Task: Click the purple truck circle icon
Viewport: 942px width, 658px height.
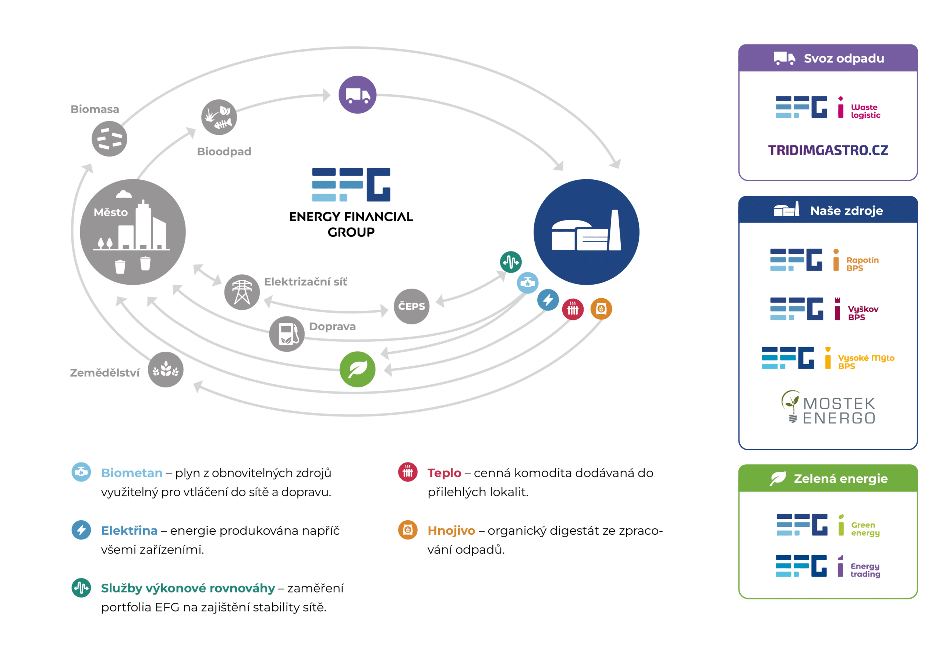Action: tap(357, 95)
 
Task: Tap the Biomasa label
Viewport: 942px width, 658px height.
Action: tap(95, 109)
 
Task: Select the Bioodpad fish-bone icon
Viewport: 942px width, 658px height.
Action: tap(219, 117)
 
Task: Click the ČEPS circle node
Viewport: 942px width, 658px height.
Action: tap(411, 306)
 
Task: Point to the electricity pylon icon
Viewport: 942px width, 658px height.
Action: tap(242, 292)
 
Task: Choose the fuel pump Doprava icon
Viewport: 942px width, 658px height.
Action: tap(287, 334)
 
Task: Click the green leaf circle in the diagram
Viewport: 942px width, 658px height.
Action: tap(357, 369)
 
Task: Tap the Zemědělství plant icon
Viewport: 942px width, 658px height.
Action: tap(166, 369)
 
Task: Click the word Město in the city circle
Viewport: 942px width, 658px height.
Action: tap(110, 212)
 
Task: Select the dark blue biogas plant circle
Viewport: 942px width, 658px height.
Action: tap(586, 232)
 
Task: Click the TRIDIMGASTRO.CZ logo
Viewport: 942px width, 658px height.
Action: tap(828, 150)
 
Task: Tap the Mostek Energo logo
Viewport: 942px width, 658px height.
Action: tap(829, 408)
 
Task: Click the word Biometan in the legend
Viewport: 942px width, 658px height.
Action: tap(132, 473)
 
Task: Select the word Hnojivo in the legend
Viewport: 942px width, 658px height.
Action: tap(451, 530)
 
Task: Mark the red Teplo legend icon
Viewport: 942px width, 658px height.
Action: tap(408, 472)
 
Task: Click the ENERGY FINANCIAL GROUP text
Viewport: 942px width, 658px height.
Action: tap(351, 224)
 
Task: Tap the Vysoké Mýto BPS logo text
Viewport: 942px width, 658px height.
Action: tap(866, 362)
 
